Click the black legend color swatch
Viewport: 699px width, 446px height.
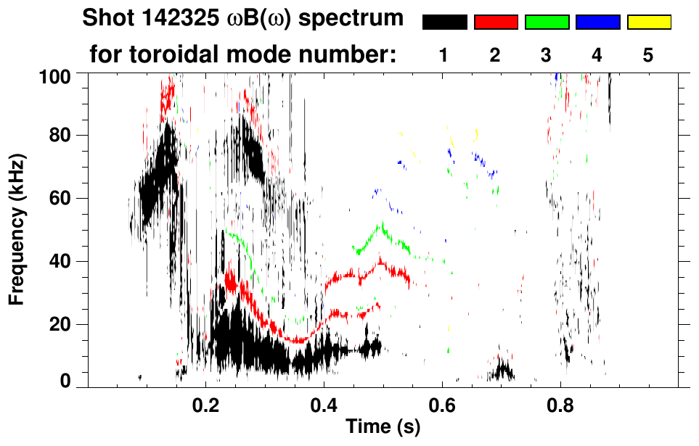(444, 22)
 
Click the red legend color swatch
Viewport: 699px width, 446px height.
(496, 22)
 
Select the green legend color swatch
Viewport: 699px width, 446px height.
(547, 22)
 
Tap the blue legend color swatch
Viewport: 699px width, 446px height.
(597, 22)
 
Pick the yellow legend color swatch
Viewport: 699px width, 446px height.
(648, 22)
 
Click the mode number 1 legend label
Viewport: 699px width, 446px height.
(443, 56)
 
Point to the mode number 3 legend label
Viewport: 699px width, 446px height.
(546, 56)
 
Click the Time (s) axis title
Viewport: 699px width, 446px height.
(383, 427)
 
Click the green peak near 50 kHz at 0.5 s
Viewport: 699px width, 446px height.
(380, 226)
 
